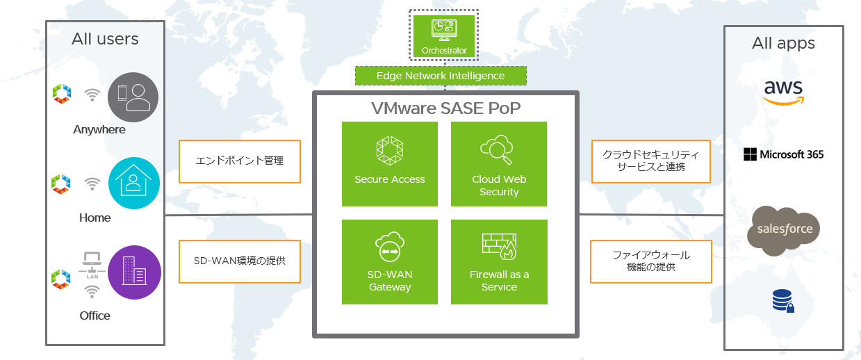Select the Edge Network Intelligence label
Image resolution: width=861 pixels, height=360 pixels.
(441, 76)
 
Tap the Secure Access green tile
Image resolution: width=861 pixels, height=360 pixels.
(389, 164)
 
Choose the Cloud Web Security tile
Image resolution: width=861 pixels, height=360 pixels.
(499, 164)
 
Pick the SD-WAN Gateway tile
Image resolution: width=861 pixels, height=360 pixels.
(389, 262)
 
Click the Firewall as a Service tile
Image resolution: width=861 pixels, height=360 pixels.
(499, 262)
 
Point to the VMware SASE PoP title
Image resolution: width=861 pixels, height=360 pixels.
(445, 108)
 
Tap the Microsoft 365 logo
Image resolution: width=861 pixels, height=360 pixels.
(783, 154)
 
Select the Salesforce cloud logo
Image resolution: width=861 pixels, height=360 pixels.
(784, 229)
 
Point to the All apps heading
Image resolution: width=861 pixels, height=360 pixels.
(783, 44)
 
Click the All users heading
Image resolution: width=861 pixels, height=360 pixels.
(105, 39)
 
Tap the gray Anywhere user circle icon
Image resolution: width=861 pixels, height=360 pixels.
(133, 97)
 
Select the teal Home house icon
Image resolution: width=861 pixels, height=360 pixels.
(134, 183)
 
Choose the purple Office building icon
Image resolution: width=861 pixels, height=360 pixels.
(134, 272)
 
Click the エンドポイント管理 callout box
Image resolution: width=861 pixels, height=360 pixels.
(240, 161)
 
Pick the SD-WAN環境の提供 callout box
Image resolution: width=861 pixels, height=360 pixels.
(240, 261)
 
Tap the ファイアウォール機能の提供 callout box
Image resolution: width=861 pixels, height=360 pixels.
(650, 261)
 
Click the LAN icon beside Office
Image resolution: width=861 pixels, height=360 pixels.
(92, 264)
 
